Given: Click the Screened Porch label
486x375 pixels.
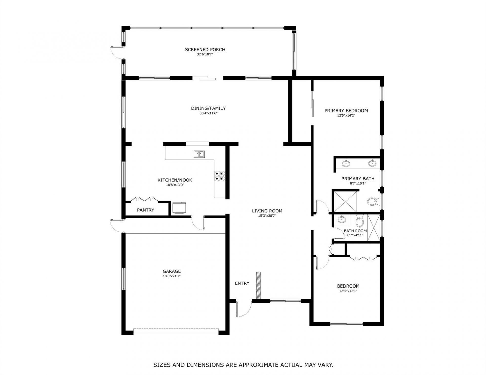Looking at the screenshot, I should [x=205, y=50].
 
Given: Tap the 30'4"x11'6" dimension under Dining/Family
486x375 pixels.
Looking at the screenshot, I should [x=208, y=113].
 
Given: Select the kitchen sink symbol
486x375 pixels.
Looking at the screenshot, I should [x=199, y=154].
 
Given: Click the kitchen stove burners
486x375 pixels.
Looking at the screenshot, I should [x=220, y=176].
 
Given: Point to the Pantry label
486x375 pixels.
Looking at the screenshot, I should [x=146, y=210].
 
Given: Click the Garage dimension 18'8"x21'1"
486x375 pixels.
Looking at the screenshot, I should [x=172, y=276].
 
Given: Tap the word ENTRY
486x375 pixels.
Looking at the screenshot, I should [x=242, y=283].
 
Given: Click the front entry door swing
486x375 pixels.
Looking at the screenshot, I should [x=243, y=310].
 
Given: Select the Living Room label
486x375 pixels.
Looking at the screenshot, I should [x=267, y=211].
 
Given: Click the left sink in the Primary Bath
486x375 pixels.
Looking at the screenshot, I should [x=346, y=164].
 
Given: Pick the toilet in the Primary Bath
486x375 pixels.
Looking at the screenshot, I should [x=372, y=202].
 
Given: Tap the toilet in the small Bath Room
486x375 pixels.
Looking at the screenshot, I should [x=359, y=222].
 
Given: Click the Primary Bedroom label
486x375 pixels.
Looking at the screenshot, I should [x=346, y=111].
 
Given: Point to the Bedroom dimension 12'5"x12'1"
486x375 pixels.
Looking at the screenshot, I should [x=348, y=291].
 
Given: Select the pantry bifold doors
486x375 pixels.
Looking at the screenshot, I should [x=144, y=199].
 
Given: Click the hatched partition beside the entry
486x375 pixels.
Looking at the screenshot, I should [x=258, y=285].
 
